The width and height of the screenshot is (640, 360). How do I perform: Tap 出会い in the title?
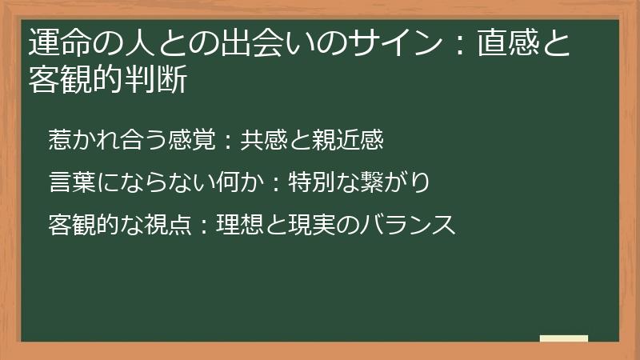pos(232,42)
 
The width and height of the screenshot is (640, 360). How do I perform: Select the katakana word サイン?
pos(394,42)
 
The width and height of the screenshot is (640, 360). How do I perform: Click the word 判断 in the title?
pos(157,81)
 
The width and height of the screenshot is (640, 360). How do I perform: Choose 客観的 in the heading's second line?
pos(77,81)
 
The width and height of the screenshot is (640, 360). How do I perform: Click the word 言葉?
pos(70,182)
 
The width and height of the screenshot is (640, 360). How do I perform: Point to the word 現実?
pos(321,225)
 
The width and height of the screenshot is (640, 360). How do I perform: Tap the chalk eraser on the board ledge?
pos(563,338)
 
